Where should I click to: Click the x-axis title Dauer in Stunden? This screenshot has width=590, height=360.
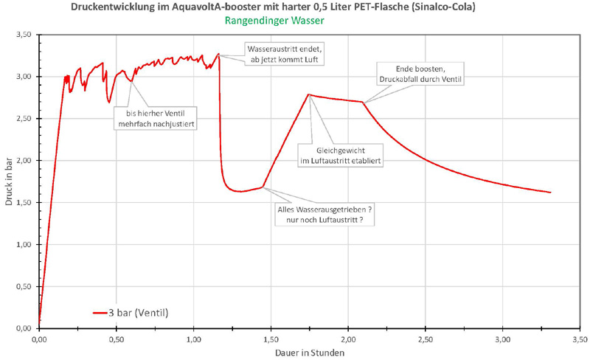(309, 353)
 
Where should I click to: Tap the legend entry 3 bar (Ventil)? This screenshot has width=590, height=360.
(139, 313)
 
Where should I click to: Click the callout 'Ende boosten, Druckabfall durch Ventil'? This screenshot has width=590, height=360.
(420, 75)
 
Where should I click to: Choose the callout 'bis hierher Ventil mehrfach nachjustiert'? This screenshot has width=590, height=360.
(156, 118)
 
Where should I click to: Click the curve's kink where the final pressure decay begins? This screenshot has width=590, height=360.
(363, 102)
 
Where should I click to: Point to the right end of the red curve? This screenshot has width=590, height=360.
(550, 193)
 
